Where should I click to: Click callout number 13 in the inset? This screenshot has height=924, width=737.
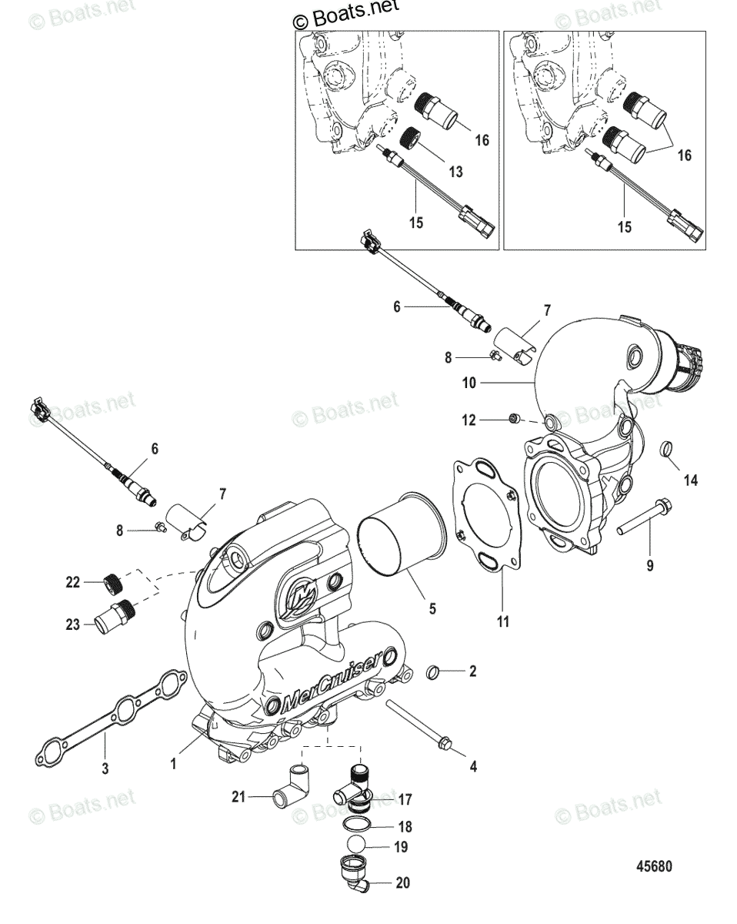[x=455, y=172]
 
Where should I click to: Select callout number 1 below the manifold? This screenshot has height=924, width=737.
[x=174, y=764]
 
